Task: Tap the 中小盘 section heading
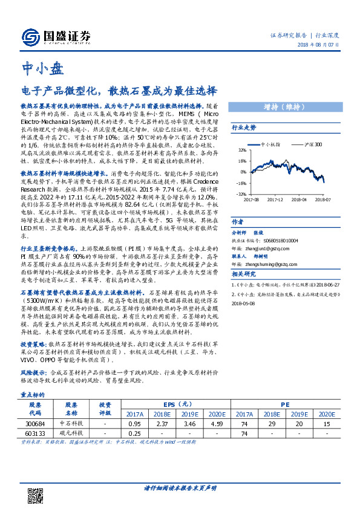click(x=42, y=68)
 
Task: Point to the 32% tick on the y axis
click(x=241, y=151)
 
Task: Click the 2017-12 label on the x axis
click(x=275, y=198)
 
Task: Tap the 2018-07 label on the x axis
click(x=322, y=198)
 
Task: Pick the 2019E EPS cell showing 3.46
click(x=191, y=424)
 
